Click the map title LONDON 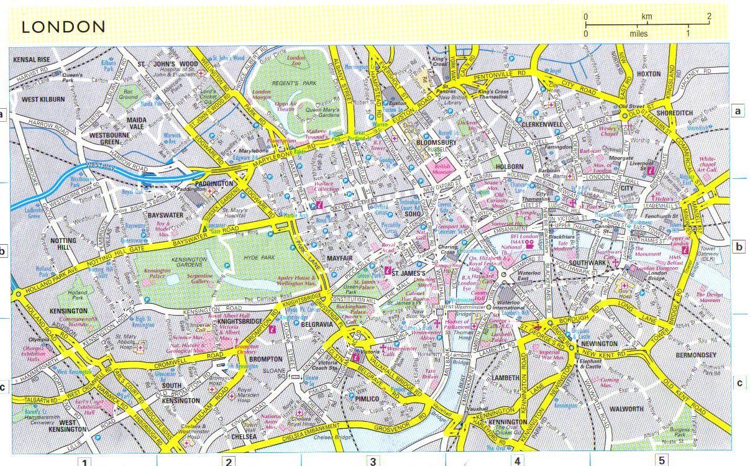[63, 27]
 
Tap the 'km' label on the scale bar [647, 16]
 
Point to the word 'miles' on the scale [638, 34]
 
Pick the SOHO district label [413, 214]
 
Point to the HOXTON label [649, 73]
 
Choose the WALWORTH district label [626, 409]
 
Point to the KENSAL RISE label [30, 60]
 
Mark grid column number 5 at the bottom [662, 460]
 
